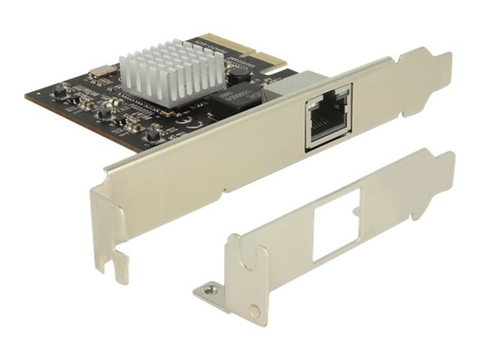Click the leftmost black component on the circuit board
click(63, 91)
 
